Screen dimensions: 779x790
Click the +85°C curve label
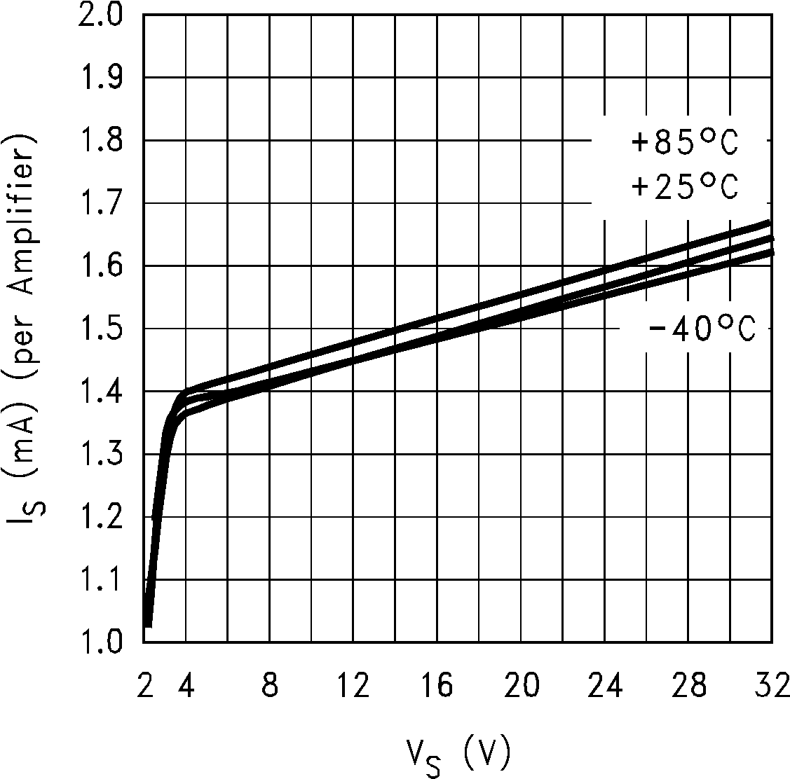(x=685, y=143)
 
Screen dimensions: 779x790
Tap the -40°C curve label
(x=702, y=329)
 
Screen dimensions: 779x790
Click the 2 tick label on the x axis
(x=144, y=687)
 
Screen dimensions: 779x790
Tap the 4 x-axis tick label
(x=186, y=687)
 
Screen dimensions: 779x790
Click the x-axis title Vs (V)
(x=457, y=754)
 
